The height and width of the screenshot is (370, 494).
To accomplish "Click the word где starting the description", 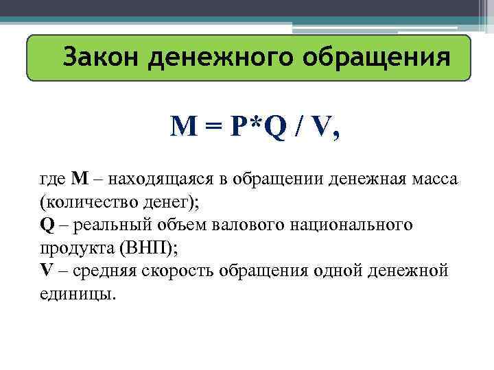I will tap(52, 180).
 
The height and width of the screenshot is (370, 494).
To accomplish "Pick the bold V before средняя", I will tap(46, 270).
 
